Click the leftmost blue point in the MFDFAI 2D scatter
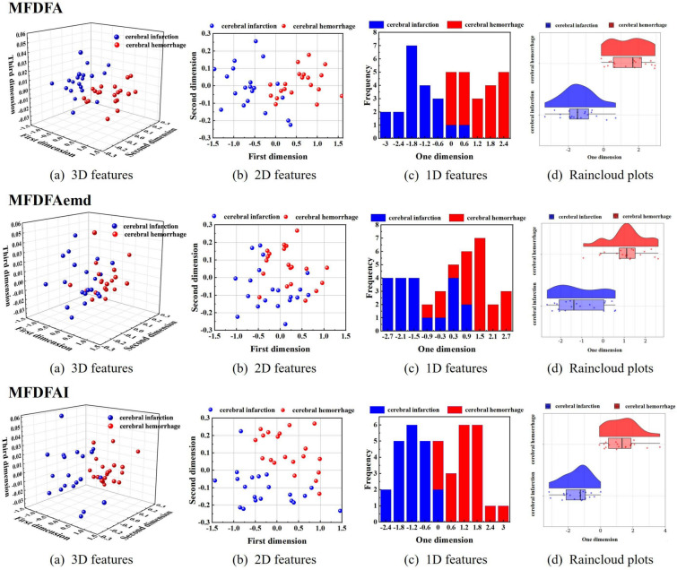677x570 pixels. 213,480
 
